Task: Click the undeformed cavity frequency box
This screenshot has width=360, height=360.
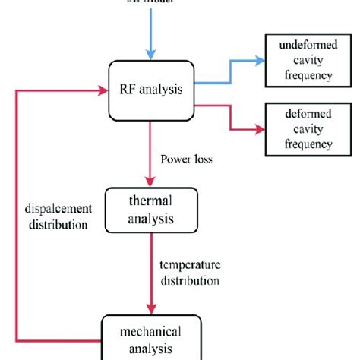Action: pos(300,60)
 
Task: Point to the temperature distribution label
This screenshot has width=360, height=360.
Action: pos(190,272)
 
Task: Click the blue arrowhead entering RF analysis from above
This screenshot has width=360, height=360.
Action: pos(152,53)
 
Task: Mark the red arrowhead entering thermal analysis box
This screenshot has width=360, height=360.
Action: pos(152,182)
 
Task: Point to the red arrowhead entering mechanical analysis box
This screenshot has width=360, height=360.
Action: pos(152,308)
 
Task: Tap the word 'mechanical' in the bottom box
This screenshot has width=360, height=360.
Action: pos(152,331)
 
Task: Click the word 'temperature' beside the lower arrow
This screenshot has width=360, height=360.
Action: pos(190,265)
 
